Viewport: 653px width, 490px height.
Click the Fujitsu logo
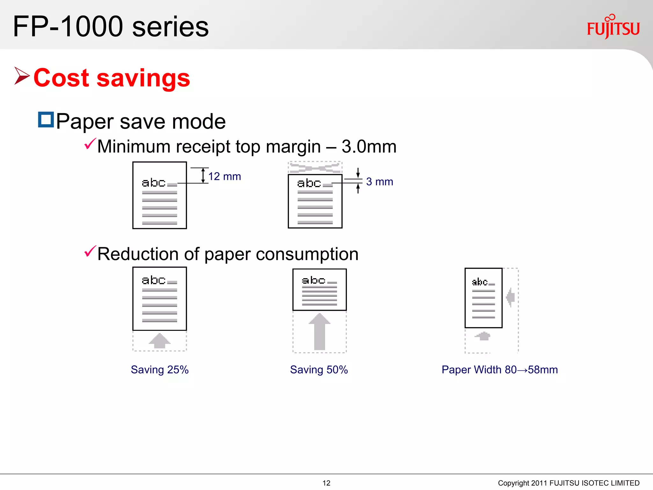[613, 27]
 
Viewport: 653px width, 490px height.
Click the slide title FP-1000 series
[111, 27]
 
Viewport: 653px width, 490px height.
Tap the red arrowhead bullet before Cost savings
[22, 76]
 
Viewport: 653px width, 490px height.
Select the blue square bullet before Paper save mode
[46, 120]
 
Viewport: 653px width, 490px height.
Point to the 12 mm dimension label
[224, 176]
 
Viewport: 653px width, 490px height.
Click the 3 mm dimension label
[379, 182]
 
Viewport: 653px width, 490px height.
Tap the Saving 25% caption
[159, 370]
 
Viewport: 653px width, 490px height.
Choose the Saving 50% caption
[319, 370]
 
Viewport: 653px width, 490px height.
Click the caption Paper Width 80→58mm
[500, 370]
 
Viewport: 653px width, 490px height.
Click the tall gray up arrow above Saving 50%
[319, 332]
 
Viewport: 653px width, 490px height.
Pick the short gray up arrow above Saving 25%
[159, 341]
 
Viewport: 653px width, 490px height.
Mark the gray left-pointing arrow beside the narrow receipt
[510, 297]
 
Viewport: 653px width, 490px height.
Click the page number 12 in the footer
[326, 483]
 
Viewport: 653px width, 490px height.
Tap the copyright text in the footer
[569, 483]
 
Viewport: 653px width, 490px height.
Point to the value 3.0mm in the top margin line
[369, 147]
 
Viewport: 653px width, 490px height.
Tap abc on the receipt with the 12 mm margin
[153, 183]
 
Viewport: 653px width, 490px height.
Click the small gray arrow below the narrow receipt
[483, 336]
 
